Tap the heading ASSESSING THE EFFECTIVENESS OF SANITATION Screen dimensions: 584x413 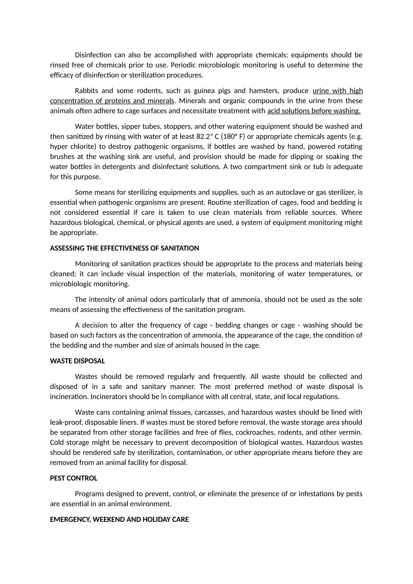[124, 248]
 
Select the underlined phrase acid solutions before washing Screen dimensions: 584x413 [314, 111]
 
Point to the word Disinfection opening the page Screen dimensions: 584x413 [93, 55]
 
